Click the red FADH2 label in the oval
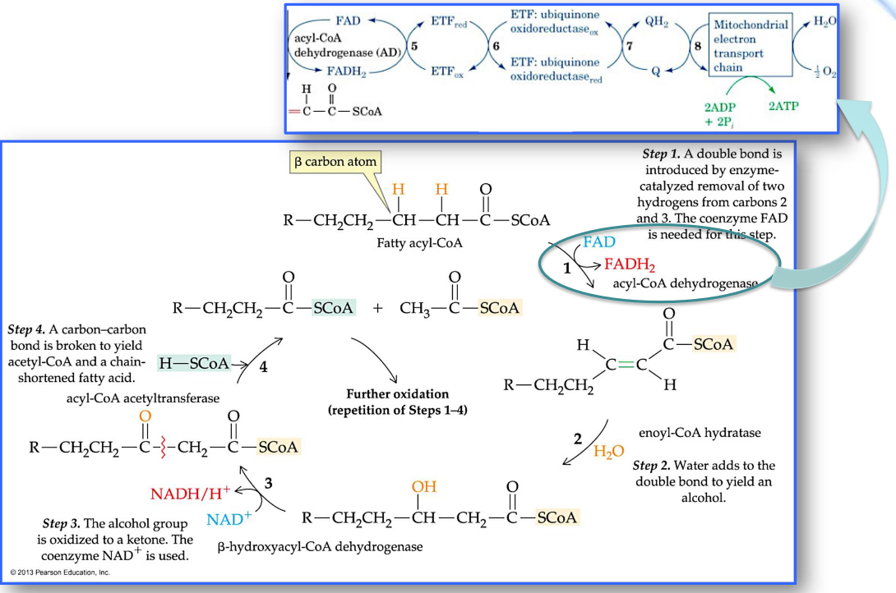tap(630, 264)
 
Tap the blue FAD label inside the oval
tap(599, 243)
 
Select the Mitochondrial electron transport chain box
tap(751, 45)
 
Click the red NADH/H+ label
tap(190, 494)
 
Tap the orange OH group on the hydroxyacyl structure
tap(424, 487)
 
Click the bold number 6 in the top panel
tap(495, 46)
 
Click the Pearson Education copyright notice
tap(59, 571)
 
